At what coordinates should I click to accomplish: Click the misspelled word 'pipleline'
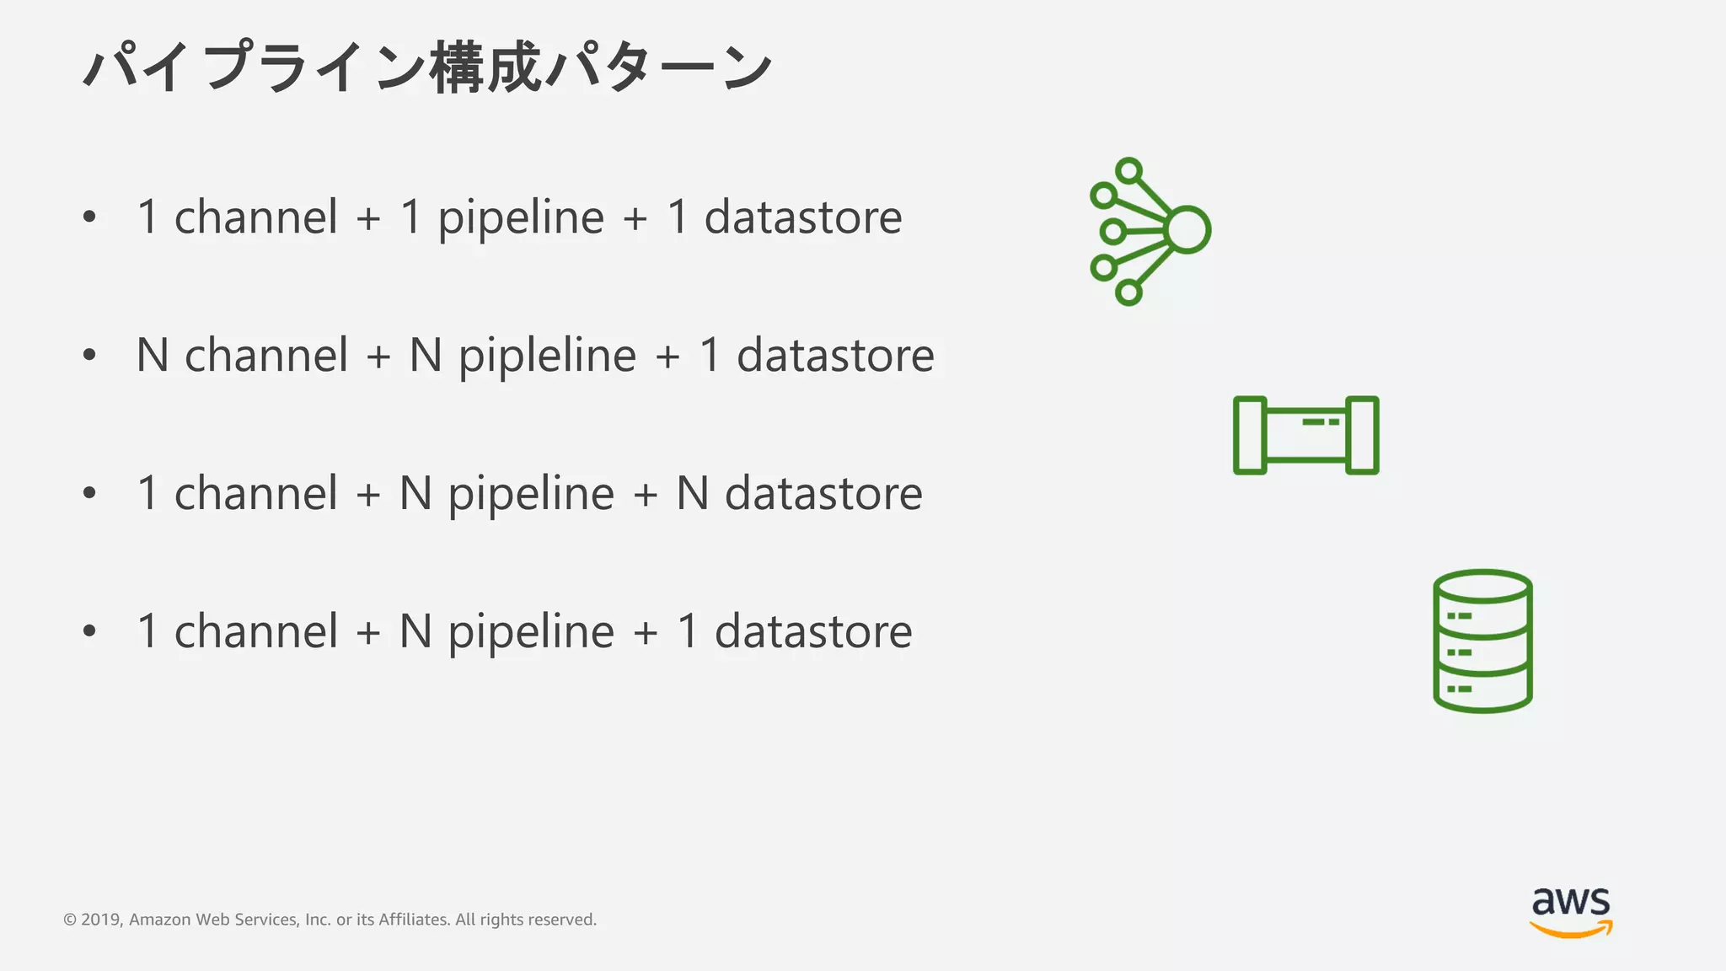coord(547,356)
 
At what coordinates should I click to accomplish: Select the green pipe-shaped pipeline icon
coord(1305,435)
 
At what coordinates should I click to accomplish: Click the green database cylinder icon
coord(1482,641)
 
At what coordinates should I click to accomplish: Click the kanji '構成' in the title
coord(485,67)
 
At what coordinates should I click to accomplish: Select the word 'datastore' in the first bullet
coord(803,217)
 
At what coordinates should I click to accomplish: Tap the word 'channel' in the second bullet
coord(266,356)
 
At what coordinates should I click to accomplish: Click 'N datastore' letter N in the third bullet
coord(692,493)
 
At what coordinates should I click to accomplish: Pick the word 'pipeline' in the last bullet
coord(531,631)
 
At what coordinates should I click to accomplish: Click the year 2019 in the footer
coord(101,920)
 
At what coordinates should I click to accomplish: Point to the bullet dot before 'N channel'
coord(90,355)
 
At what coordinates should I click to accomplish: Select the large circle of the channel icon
coord(1188,229)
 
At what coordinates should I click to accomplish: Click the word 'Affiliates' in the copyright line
coord(414,920)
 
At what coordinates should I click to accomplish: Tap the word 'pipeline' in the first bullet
coord(521,217)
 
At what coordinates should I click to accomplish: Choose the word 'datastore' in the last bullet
coord(813,631)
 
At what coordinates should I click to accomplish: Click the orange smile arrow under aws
coord(1571,929)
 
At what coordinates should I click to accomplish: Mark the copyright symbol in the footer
coord(70,920)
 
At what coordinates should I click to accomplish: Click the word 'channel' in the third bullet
coord(256,493)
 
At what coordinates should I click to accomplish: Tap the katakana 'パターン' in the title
coord(658,67)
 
